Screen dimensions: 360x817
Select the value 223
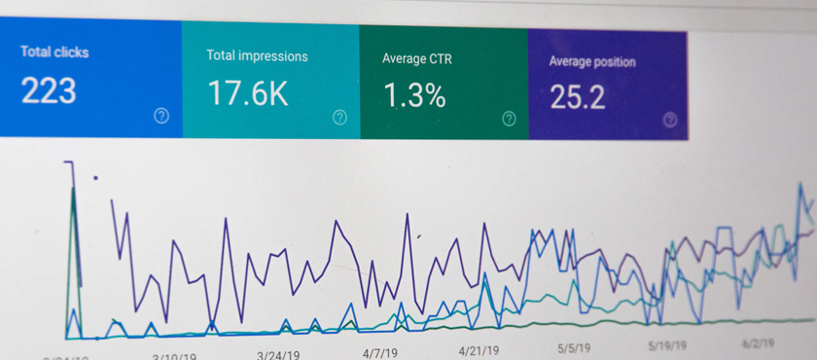pos(49,90)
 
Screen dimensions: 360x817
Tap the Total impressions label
pos(257,55)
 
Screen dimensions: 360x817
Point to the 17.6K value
pos(247,93)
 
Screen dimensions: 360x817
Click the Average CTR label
pos(417,58)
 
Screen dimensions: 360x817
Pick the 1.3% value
pos(413,95)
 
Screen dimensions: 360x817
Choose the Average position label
pos(592,61)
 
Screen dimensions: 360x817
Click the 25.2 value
pos(578,96)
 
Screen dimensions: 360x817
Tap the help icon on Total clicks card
pos(161,116)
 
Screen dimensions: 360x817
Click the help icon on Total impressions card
pos(339,118)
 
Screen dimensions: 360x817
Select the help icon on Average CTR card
pos(509,119)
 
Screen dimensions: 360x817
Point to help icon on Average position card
pos(669,120)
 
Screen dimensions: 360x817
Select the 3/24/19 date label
pos(279,355)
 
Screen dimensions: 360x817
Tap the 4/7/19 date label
pos(381,352)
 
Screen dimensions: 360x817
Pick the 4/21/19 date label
pos(478,350)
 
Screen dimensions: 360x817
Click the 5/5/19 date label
pos(576,347)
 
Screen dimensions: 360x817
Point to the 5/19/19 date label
pos(667,345)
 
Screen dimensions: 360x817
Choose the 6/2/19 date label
pos(758,343)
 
